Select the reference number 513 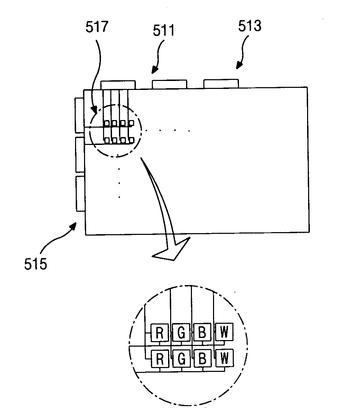[250, 26]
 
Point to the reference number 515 [36, 265]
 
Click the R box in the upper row [160, 333]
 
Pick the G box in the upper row [181, 333]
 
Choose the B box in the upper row [202, 333]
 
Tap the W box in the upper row [224, 332]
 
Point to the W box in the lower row [224, 358]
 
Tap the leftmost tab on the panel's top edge [118, 85]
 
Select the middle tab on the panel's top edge [169, 84]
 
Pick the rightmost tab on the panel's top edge [221, 83]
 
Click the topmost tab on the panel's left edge [79, 115]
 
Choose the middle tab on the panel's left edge [80, 155]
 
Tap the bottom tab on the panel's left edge [80, 194]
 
